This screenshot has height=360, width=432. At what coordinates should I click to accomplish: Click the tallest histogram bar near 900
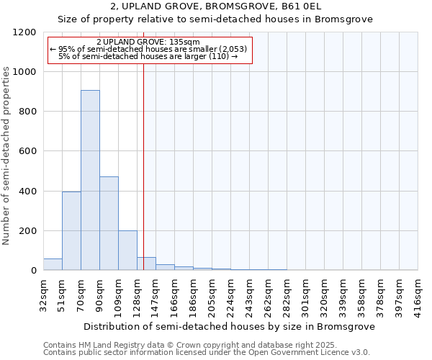[90, 180]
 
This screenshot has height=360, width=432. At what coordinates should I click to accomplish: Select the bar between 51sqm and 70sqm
[71, 230]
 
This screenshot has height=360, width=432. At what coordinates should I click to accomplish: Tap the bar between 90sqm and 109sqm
[109, 223]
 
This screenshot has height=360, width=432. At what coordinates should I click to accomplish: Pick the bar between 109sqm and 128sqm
[127, 251]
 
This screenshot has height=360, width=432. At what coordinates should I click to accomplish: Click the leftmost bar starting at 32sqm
[53, 264]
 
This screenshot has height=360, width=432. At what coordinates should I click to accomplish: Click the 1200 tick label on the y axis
[24, 32]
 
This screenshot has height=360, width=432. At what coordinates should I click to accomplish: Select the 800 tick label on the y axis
[27, 112]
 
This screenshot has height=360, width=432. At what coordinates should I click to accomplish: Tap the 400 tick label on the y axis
[27, 192]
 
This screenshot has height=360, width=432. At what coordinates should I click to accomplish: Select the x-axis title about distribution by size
[229, 326]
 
